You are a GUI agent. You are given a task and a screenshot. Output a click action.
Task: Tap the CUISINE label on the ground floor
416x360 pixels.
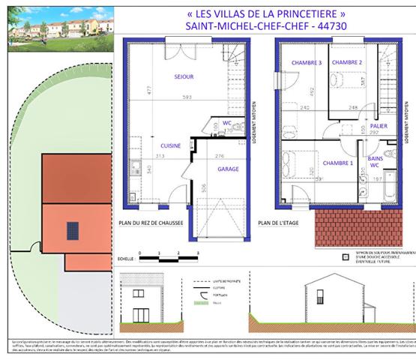(x=170, y=145)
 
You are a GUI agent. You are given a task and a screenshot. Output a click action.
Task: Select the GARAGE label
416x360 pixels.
(x=228, y=169)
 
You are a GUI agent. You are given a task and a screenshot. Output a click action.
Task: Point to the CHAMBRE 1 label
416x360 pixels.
(x=337, y=163)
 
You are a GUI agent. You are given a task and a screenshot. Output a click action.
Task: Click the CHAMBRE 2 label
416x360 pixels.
(x=347, y=63)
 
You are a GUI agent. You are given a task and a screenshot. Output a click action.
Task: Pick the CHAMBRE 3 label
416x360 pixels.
(x=307, y=63)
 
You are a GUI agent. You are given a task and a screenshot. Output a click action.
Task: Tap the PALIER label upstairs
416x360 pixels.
(x=379, y=126)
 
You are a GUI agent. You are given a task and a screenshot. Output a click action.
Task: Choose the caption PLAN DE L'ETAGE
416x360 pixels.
(x=279, y=223)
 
